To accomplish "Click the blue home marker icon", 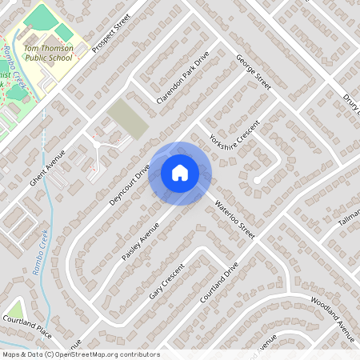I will (x=180, y=173).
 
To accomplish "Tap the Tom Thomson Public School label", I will (x=54, y=52).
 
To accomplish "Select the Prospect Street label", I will (x=110, y=37).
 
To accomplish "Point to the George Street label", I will (x=254, y=71).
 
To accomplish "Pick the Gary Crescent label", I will (x=167, y=281).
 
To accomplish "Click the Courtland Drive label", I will (x=220, y=282).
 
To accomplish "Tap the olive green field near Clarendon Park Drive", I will (x=128, y=118).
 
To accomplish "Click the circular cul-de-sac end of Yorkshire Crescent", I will (x=256, y=182).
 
